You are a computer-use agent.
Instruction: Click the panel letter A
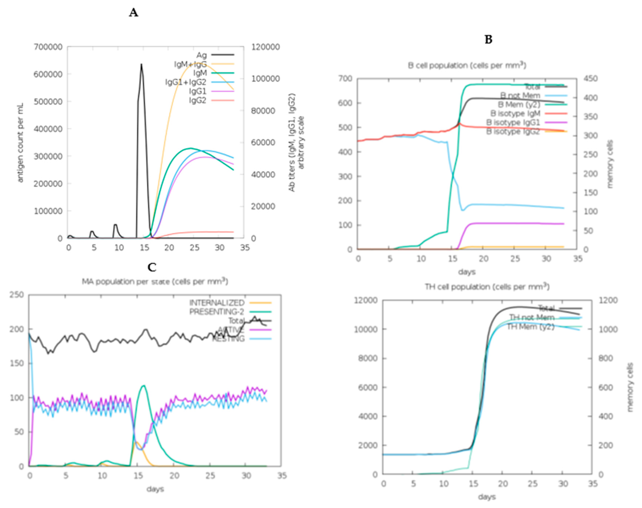coord(134,13)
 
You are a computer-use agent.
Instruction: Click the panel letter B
coord(488,40)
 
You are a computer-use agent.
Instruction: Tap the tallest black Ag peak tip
coord(142,64)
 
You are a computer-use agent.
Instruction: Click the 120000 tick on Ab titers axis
coord(266,47)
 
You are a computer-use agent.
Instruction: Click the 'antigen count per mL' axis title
coord(20,143)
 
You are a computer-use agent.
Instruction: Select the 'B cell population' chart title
coord(467,65)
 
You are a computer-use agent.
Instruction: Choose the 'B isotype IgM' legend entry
coord(515,113)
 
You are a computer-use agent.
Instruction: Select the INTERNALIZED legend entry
coord(217,303)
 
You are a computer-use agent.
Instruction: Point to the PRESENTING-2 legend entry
coord(217,312)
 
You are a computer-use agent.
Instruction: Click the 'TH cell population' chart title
coord(487,287)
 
